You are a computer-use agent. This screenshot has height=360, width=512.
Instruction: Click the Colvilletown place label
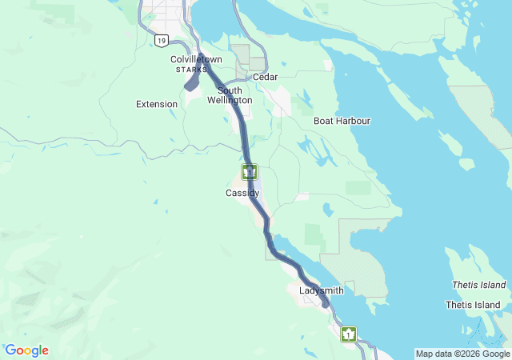tap(196, 60)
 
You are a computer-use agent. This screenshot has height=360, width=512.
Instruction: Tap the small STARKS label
tap(191, 70)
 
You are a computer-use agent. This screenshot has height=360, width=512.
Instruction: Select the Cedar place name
tap(265, 78)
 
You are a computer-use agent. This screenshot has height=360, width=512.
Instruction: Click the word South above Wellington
tap(230, 91)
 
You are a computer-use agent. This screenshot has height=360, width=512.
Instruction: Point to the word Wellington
tap(230, 101)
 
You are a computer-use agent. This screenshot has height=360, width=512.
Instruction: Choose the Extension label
tap(157, 104)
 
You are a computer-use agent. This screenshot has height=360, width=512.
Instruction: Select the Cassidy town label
tap(242, 194)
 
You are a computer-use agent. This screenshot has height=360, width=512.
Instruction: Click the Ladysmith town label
tap(321, 290)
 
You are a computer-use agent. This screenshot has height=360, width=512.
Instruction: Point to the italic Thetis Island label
tap(478, 285)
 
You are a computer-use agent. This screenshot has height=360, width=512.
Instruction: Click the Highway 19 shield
tap(162, 40)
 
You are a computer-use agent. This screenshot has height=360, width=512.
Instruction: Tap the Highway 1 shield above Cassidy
tap(250, 171)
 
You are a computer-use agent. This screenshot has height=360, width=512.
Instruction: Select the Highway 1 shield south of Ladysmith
tap(348, 334)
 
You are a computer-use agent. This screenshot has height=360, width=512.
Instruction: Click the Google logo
tap(26, 350)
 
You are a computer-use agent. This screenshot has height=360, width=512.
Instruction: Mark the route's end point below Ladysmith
tap(325, 305)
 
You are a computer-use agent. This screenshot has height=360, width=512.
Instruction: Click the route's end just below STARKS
tap(187, 87)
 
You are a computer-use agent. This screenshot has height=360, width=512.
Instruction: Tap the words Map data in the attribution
tap(432, 354)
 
